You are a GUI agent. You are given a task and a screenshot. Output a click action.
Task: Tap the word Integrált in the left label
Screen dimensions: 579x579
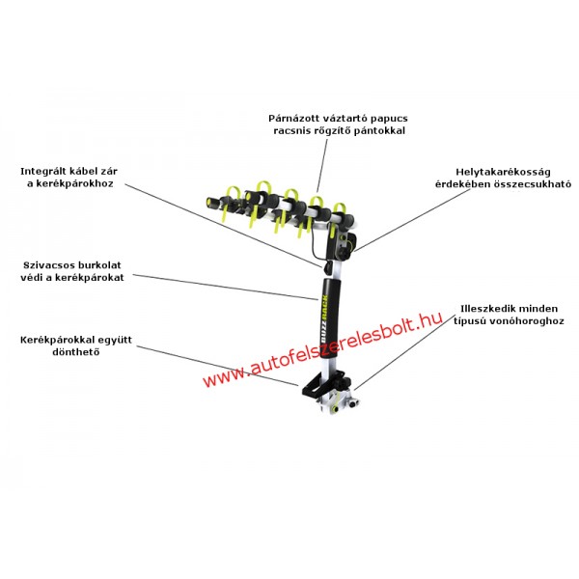pos(44,172)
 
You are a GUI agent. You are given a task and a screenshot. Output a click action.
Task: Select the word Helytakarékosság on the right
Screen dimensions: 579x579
pos(503,172)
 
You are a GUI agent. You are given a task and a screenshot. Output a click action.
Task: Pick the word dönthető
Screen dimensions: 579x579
pos(75,352)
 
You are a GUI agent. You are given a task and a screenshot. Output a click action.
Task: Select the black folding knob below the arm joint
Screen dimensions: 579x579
pos(344,254)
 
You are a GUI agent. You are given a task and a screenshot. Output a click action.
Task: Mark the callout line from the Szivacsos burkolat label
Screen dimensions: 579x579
pos(225,287)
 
